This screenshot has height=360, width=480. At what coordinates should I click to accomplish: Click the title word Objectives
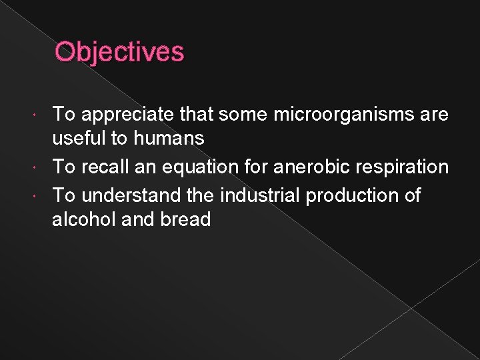(x=119, y=51)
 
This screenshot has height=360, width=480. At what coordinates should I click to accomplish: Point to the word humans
(x=169, y=139)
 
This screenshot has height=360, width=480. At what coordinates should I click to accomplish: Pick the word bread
(x=186, y=219)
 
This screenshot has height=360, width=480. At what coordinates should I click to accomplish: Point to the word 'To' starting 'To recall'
(x=63, y=167)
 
